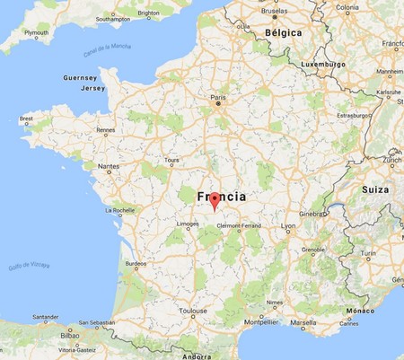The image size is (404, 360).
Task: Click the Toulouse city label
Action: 193,311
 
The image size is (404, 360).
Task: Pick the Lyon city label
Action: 287,225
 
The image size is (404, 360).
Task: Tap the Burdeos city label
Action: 136,264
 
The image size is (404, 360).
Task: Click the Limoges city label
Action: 188,224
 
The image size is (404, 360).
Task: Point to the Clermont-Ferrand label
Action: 238,225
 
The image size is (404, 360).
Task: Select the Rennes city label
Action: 106,129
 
